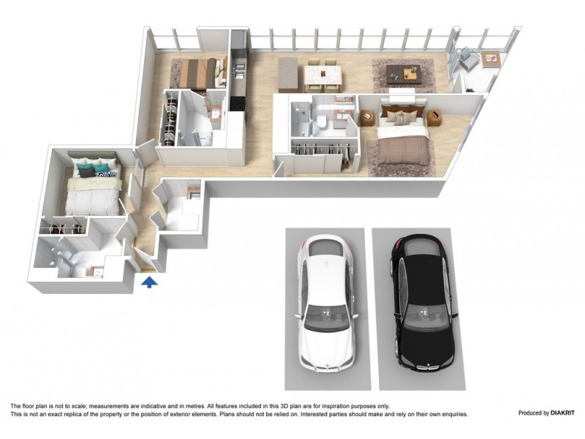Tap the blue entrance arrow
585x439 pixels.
[x=150, y=282]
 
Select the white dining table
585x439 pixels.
[x=323, y=74]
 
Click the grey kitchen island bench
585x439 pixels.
[x=288, y=74]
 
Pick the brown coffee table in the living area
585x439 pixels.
[x=404, y=72]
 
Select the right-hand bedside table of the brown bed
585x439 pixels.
[x=434, y=117]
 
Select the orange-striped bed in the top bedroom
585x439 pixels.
[x=197, y=72]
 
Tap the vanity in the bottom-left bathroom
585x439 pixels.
[x=96, y=273]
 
